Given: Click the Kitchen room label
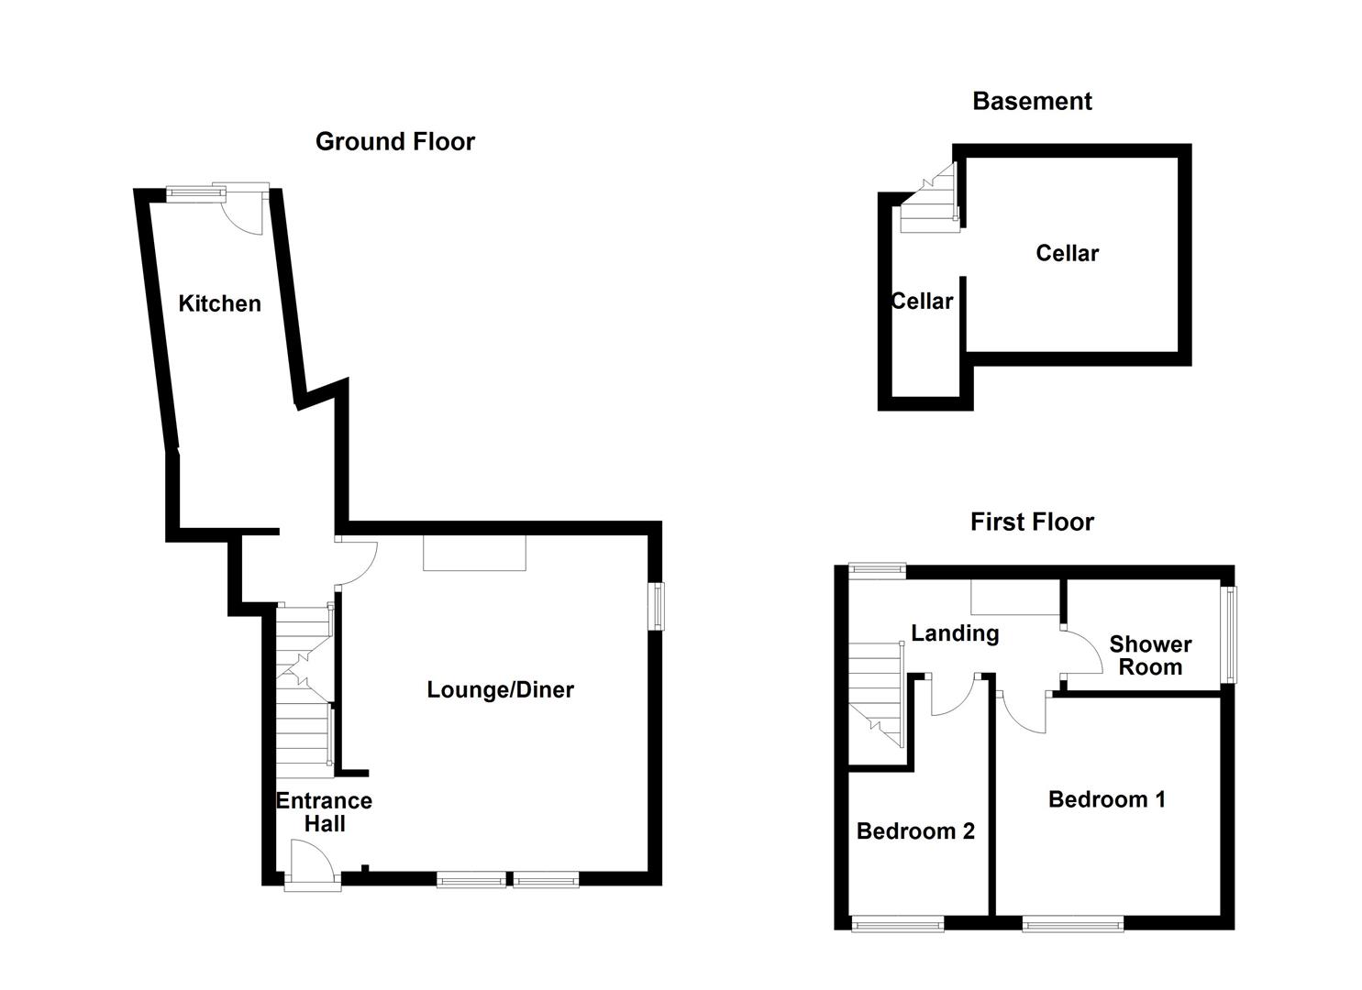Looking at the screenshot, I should [219, 303].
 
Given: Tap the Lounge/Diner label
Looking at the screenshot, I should [500, 689].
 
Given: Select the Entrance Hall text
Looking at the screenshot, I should [324, 812].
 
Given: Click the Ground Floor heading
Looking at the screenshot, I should [394, 141].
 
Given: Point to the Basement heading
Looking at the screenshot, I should [1032, 101].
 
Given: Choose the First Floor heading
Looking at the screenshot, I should [1032, 522].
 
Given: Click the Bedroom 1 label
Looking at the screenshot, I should [1106, 799].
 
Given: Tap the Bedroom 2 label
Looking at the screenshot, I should [915, 830].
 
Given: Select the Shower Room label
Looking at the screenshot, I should [1150, 655].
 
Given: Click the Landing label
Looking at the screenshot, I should [954, 632].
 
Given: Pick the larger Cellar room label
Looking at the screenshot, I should [1067, 253].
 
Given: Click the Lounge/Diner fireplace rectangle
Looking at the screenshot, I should [474, 554].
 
